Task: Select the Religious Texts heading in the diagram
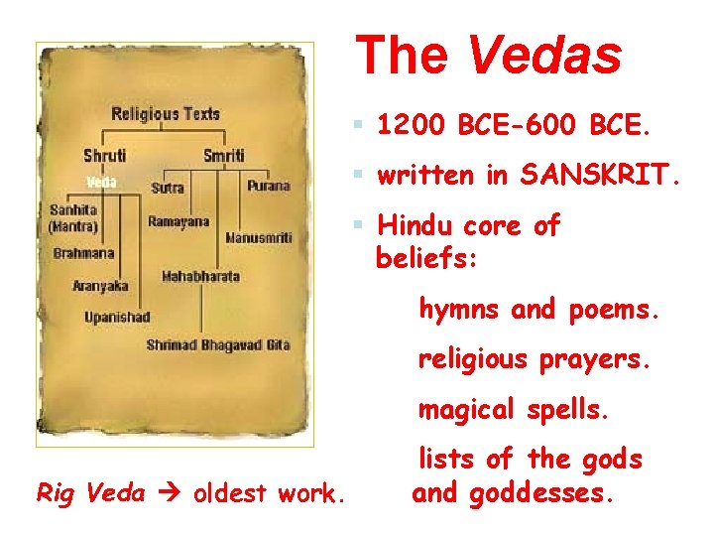(166, 113)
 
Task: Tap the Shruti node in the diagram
(105, 157)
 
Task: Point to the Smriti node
(223, 157)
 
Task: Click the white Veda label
(102, 183)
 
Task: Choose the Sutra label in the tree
(168, 187)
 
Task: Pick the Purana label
(269, 186)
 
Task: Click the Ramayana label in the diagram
(178, 221)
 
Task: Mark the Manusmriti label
(258, 238)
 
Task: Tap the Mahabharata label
(200, 276)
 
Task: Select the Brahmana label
(84, 253)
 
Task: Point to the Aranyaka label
(100, 286)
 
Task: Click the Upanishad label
(117, 317)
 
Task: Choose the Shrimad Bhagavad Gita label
(218, 344)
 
